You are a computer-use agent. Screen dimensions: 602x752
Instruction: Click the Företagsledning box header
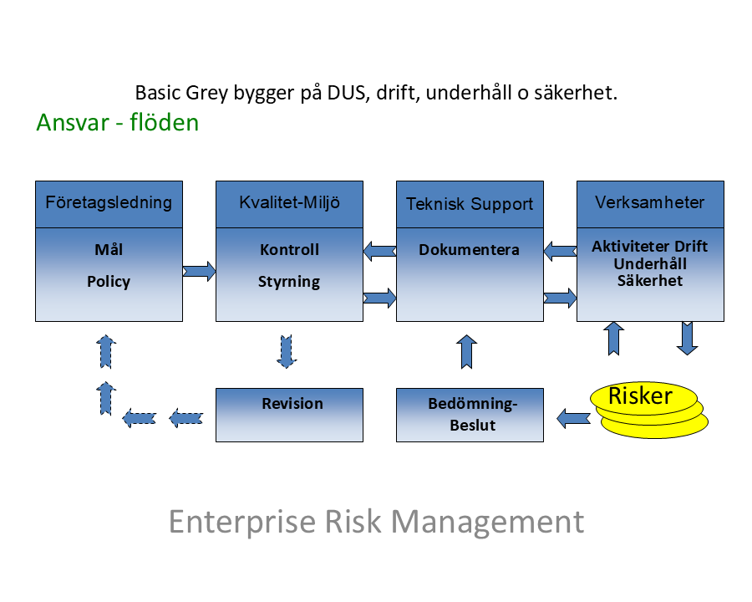point(109,203)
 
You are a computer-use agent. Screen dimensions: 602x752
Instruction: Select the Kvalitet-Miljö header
point(289,203)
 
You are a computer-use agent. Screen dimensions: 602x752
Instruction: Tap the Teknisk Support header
point(470,204)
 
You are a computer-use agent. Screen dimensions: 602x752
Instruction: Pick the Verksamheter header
point(650,203)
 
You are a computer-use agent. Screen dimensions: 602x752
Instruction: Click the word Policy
point(109,282)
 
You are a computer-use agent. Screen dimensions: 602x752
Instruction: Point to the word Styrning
point(289,282)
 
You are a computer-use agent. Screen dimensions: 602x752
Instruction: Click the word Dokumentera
point(470,250)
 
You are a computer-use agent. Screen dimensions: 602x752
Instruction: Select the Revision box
point(289,415)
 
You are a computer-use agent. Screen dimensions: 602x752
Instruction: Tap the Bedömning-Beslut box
point(470,415)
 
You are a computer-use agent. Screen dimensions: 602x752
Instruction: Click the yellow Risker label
point(640,395)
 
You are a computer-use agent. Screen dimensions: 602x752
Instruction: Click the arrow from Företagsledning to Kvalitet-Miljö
point(199,270)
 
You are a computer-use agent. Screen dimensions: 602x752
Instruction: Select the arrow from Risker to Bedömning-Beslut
point(573,416)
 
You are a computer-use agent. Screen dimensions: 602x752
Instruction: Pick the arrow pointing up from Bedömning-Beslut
point(468,351)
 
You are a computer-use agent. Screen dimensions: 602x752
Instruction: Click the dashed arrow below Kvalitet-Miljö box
point(287,351)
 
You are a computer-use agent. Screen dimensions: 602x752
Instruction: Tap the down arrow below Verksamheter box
point(687,339)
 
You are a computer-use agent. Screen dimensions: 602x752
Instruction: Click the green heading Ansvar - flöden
point(118,123)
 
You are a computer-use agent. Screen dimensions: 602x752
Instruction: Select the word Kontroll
point(289,250)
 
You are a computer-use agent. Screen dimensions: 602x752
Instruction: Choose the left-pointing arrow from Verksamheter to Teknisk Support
point(560,250)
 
